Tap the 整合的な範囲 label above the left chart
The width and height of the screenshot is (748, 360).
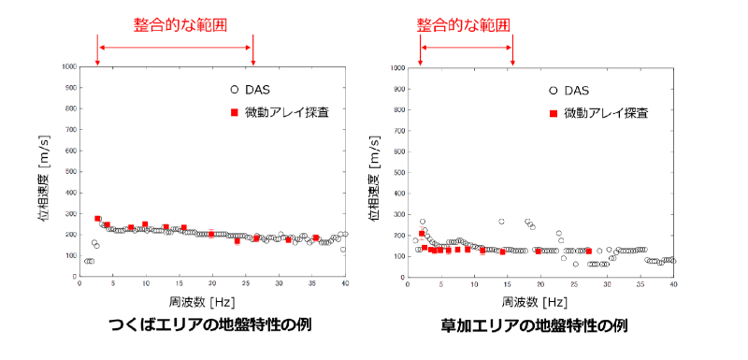coord(174,21)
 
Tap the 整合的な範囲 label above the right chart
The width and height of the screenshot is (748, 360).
coord(465,21)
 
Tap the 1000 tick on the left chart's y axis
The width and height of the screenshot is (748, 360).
coord(67,67)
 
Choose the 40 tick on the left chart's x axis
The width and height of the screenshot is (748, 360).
coord(346,284)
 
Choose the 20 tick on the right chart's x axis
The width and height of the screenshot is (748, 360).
coord(540,285)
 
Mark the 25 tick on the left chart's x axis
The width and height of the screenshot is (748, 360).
coord(246,284)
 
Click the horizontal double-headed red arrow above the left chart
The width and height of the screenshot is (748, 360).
coord(175,47)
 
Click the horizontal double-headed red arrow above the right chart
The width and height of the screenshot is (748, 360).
coord(467,47)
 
